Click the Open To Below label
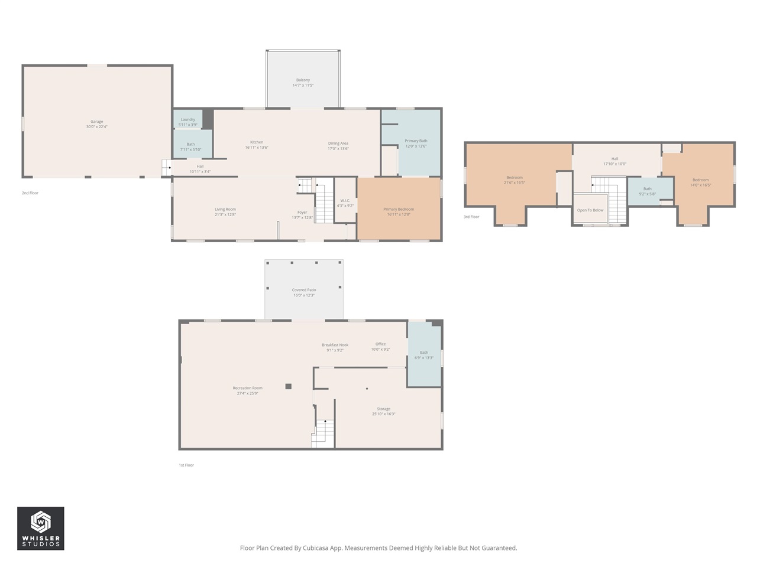point(590,210)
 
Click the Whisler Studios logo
point(41,528)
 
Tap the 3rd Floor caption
point(471,217)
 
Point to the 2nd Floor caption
point(30,193)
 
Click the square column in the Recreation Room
point(289,386)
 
